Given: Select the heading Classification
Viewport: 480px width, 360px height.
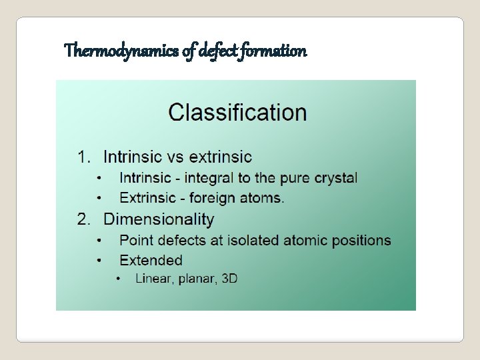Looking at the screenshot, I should [237, 112].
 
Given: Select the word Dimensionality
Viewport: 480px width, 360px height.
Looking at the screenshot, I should [159, 219].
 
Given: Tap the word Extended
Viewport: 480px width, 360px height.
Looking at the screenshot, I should [151, 260].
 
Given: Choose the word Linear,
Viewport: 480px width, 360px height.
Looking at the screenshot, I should [154, 279].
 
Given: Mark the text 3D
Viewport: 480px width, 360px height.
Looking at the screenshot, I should [229, 279].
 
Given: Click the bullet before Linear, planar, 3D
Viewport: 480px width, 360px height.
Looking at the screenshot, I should [119, 279].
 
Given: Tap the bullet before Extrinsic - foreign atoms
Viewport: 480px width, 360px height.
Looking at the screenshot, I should [99, 198].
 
